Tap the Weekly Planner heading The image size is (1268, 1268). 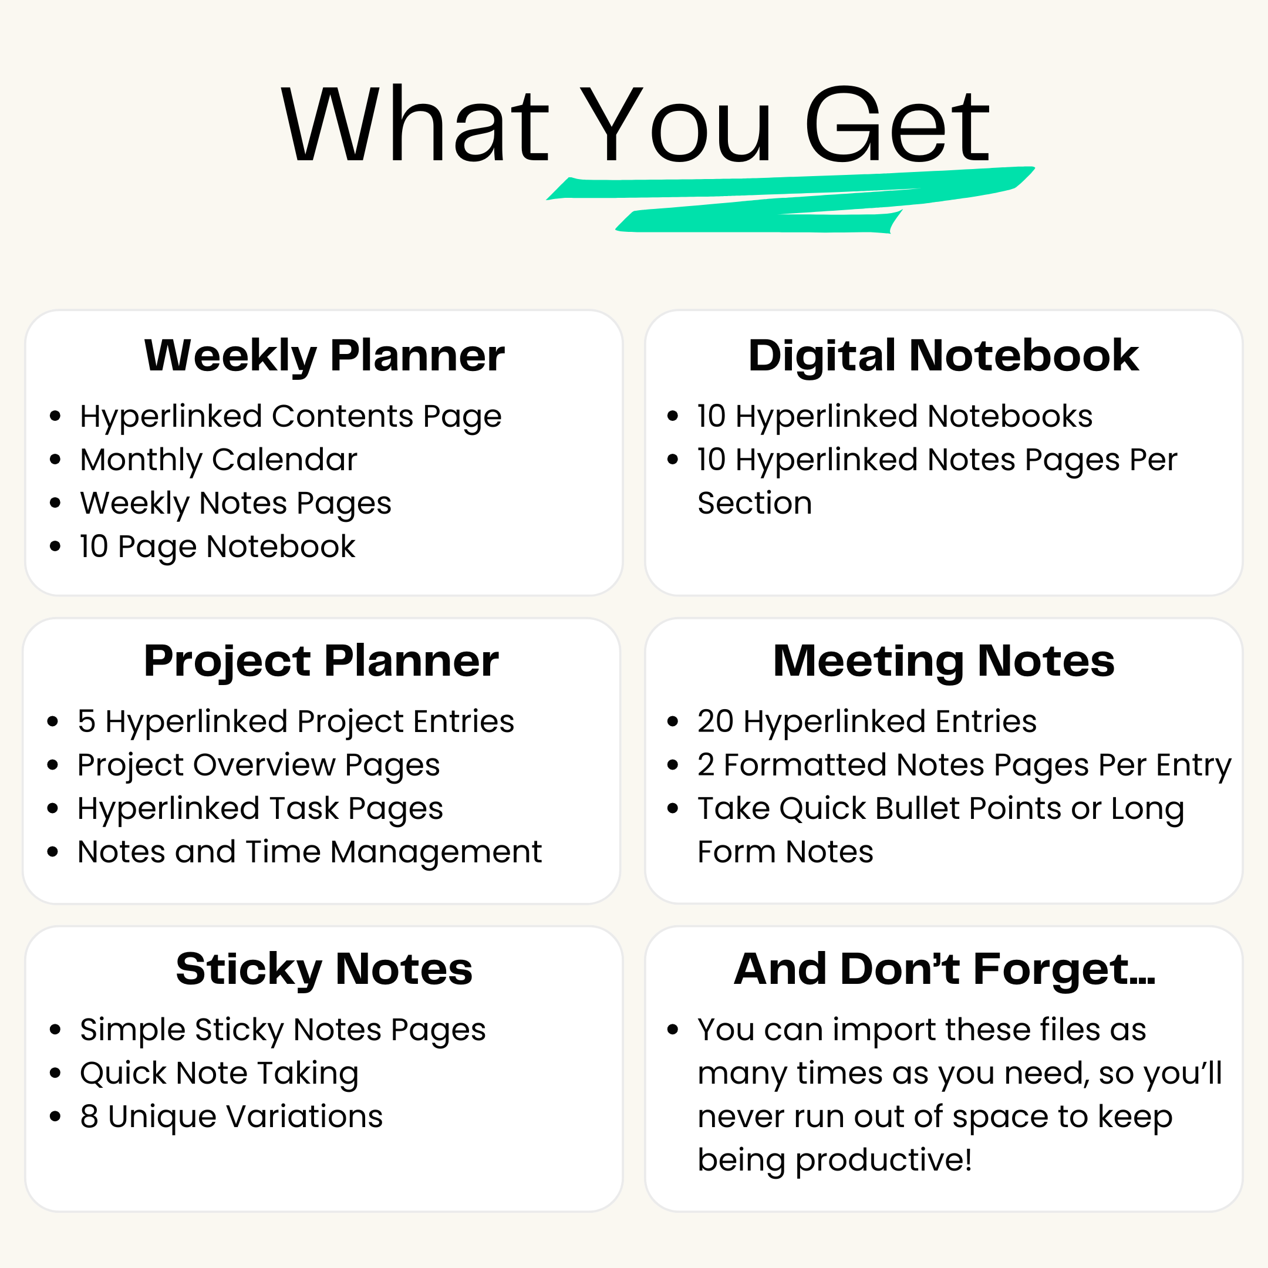[324, 356]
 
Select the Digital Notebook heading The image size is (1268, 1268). [943, 356]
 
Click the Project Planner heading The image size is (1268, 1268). [321, 662]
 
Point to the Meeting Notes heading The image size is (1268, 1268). [943, 662]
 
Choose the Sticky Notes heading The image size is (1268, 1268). [324, 969]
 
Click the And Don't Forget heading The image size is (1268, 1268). [944, 969]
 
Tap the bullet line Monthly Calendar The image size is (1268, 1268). [218, 460]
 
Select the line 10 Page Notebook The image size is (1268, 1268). [217, 547]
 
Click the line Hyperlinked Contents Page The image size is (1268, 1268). [290, 417]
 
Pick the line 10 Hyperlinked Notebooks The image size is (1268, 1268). [895, 416]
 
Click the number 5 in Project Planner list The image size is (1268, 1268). [87, 721]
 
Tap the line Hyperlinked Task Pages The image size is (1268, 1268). [260, 808]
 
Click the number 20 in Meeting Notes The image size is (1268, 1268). [715, 721]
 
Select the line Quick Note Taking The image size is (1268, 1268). [219, 1074]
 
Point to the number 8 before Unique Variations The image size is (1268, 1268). [89, 1117]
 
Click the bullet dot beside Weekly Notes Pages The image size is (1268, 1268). [55, 504]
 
